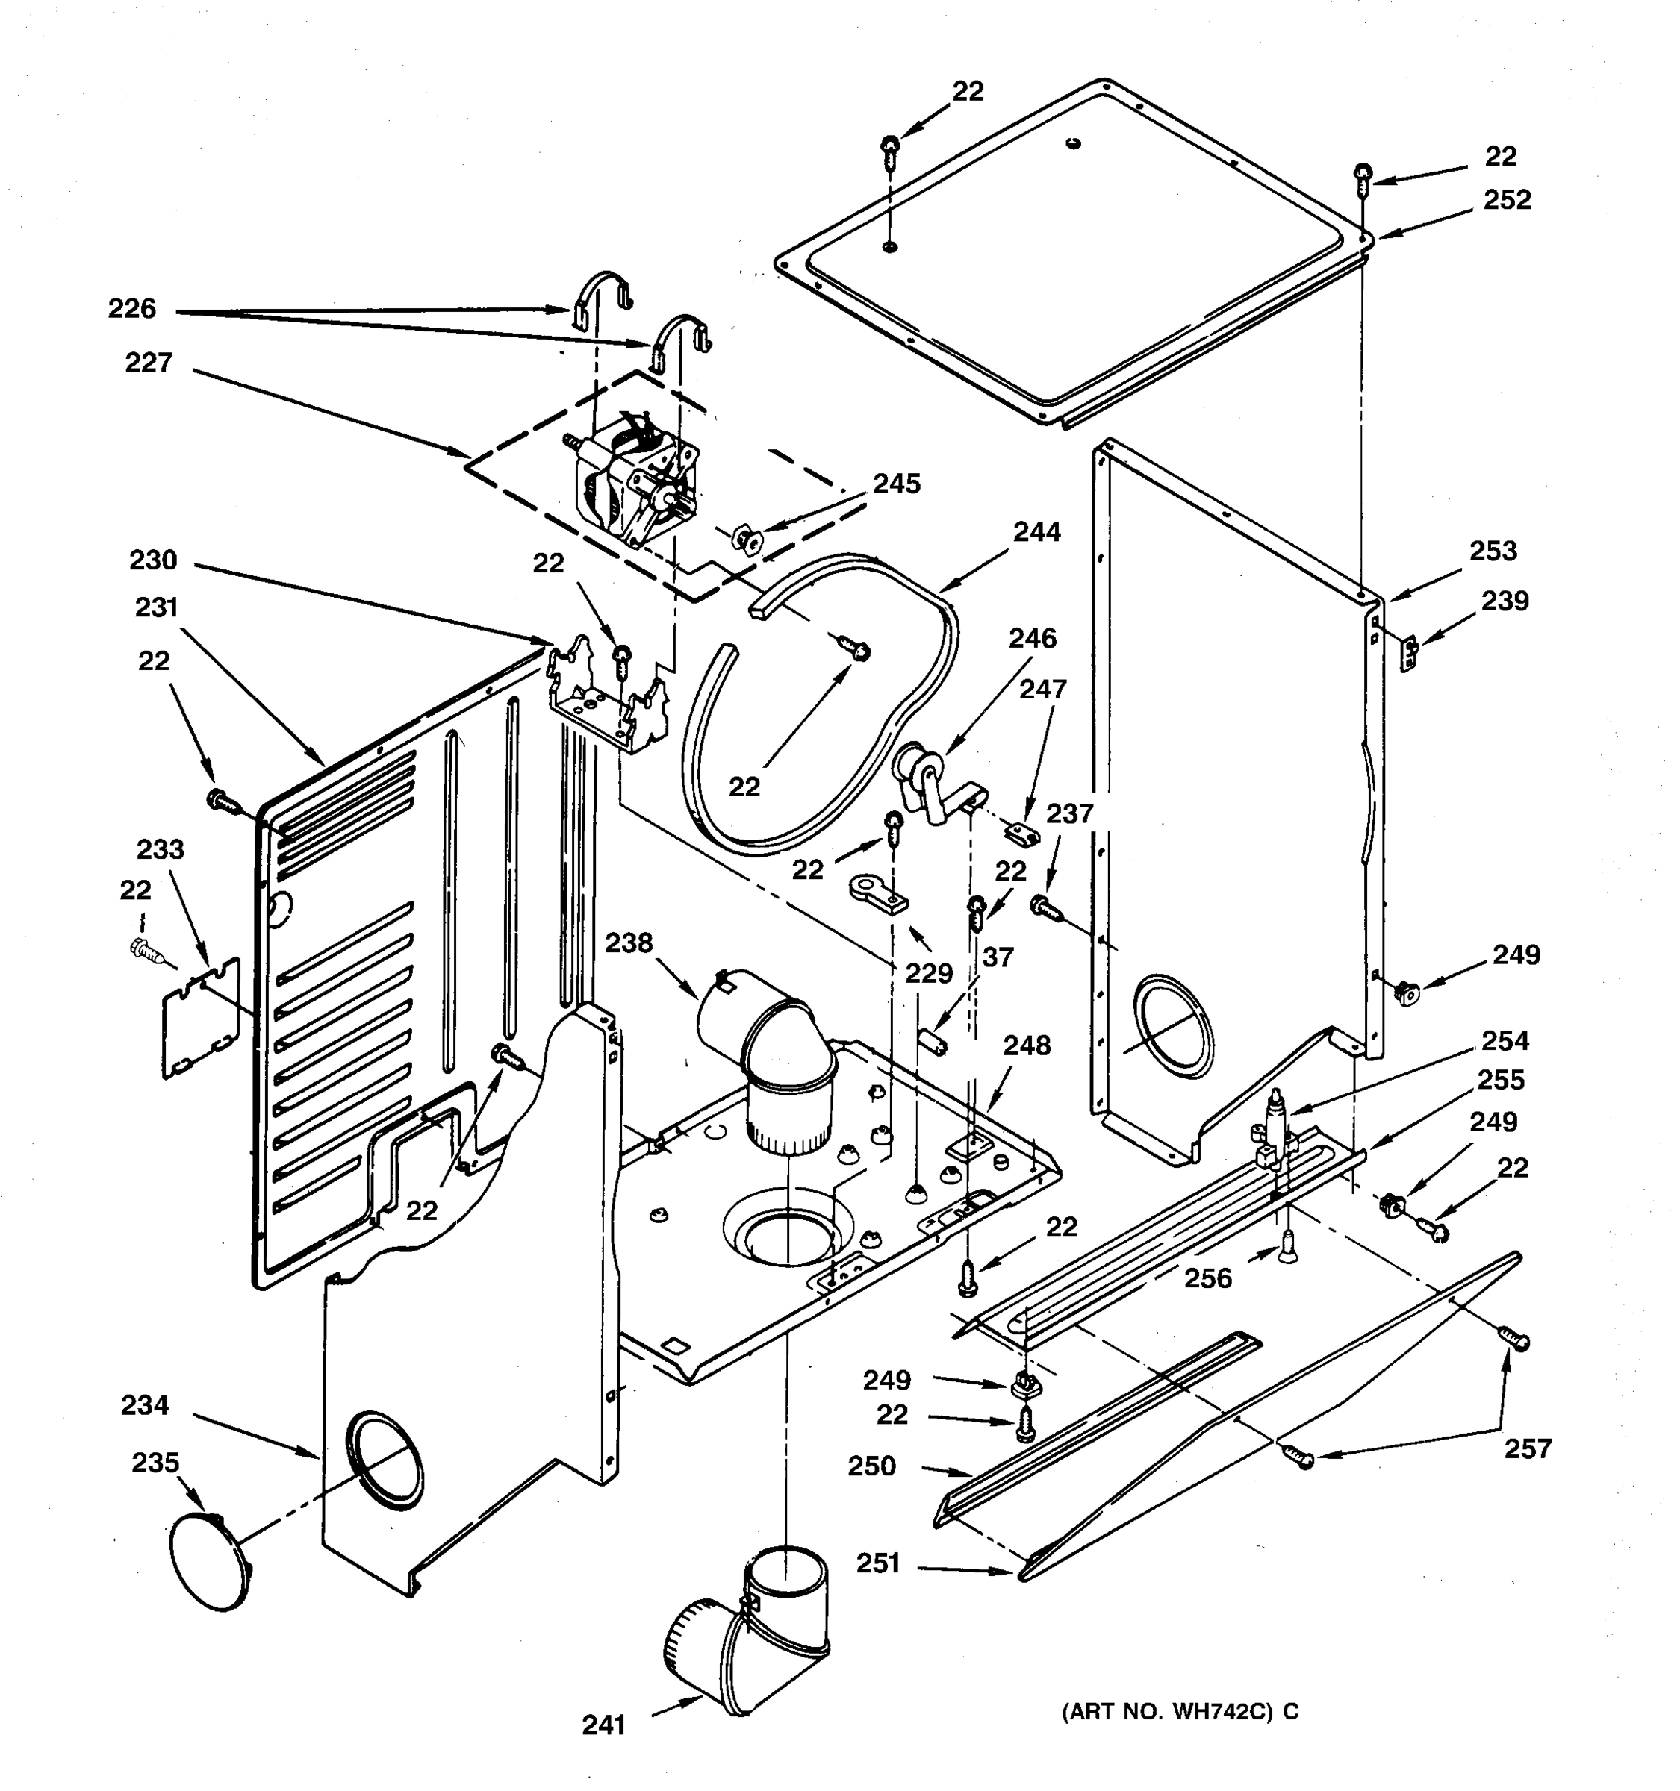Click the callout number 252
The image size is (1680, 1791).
(1507, 199)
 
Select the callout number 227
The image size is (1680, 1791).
(149, 363)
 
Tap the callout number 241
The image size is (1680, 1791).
(603, 1725)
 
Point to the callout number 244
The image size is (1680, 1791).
(1036, 532)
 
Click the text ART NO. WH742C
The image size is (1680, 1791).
(1180, 1712)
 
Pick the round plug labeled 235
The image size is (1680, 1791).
(209, 1561)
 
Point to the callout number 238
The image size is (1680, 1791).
(628, 943)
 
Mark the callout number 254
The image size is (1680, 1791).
(1505, 1042)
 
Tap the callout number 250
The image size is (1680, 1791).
(871, 1466)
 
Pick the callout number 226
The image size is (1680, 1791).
(131, 309)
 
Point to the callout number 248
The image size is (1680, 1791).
(1027, 1046)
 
